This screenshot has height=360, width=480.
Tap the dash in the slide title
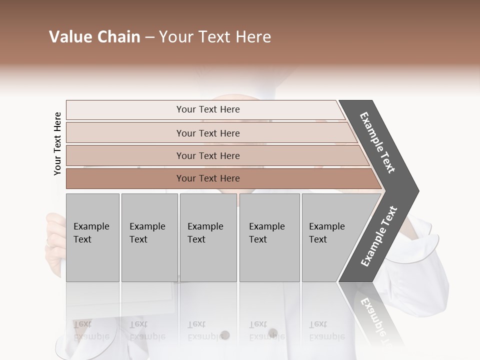(149, 37)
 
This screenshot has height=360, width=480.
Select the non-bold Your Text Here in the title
(215, 37)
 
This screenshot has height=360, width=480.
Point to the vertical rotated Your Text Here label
(57, 143)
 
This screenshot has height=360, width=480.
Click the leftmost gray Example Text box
(92, 237)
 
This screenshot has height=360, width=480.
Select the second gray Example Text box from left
(149, 237)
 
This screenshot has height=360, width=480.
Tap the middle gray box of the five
(208, 237)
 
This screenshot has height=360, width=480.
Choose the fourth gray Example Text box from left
(269, 237)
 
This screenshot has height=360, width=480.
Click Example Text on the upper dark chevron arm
(378, 142)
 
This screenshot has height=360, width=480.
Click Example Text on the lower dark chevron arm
(379, 236)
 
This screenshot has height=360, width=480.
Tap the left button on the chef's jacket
(225, 334)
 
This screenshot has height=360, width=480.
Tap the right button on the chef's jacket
(272, 333)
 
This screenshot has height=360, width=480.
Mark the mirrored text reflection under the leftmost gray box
(91, 330)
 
